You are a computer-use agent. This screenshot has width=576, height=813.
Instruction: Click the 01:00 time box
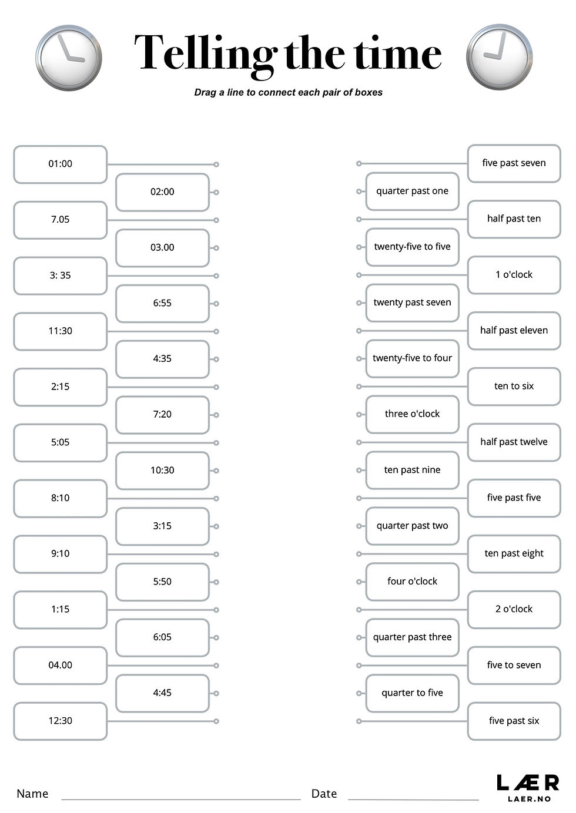coord(60,164)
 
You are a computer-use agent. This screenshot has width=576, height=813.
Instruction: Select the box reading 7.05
coord(60,220)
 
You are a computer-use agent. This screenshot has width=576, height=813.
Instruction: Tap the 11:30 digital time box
coord(60,331)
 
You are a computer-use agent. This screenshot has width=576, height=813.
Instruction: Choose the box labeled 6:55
coord(162,303)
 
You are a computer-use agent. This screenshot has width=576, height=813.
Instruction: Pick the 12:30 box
coord(60,721)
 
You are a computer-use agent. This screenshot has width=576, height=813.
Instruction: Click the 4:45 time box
coord(162,693)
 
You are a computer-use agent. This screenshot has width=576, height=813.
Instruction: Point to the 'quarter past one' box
coord(412,191)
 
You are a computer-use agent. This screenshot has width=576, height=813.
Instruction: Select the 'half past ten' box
coord(514,219)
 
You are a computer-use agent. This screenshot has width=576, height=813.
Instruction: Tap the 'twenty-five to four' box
coord(412,358)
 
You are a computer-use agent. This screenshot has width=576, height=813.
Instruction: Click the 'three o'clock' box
coord(412,414)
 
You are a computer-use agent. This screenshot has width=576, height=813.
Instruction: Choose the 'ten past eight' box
coord(514,553)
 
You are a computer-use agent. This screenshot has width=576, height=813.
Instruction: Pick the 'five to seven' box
coord(514,665)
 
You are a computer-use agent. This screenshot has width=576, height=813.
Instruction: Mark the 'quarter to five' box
coord(412,693)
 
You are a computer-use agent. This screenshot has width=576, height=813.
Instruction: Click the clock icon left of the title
coord(69,58)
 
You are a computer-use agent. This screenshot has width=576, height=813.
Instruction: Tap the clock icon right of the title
coord(499,56)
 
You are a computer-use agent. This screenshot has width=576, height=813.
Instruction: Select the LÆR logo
coord(528,787)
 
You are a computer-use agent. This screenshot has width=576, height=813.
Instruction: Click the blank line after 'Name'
coord(181,796)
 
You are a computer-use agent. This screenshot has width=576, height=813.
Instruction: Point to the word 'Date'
coord(324,794)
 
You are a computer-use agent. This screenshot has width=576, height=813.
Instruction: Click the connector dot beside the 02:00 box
coord(216,192)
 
